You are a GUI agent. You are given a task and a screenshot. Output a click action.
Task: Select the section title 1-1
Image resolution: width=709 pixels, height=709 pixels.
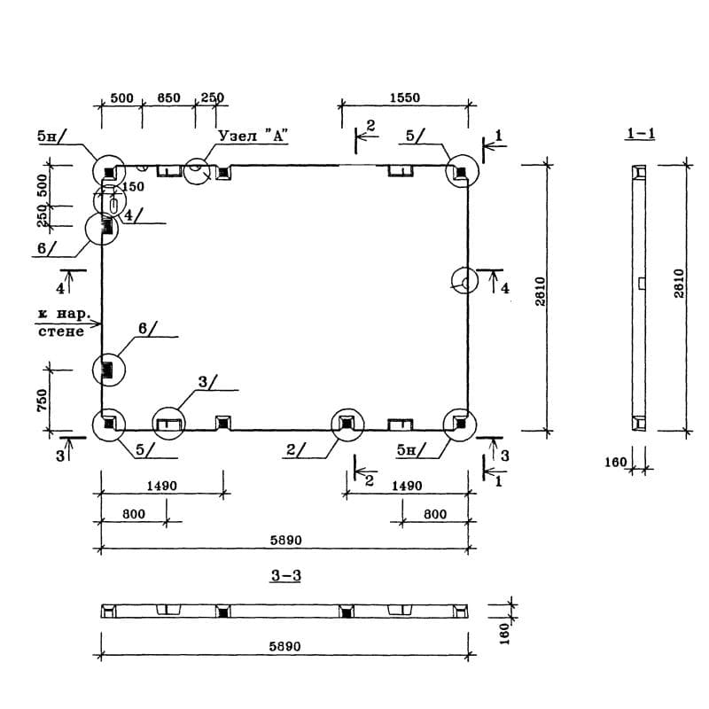tap(640, 134)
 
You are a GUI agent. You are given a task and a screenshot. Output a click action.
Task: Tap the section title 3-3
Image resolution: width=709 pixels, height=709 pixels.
tap(286, 576)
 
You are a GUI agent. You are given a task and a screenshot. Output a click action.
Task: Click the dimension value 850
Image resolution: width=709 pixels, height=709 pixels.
tap(168, 98)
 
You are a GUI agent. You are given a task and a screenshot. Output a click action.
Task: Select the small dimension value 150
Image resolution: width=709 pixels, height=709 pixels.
tap(132, 187)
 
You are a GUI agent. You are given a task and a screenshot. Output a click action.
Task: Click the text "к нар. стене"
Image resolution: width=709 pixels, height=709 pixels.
tap(61, 323)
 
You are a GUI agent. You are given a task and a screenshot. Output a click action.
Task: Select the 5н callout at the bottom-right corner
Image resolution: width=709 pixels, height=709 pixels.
tap(406, 450)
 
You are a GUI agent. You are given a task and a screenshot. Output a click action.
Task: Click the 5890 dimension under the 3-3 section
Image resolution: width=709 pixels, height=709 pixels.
tap(286, 647)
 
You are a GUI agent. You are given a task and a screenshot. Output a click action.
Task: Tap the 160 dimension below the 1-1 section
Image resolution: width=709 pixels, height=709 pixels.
tap(616, 462)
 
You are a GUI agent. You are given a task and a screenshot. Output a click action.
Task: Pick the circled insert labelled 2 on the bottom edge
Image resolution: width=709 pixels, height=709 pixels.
tap(346, 424)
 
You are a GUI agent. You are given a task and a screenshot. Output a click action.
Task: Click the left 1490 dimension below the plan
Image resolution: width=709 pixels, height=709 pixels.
tap(162, 486)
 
